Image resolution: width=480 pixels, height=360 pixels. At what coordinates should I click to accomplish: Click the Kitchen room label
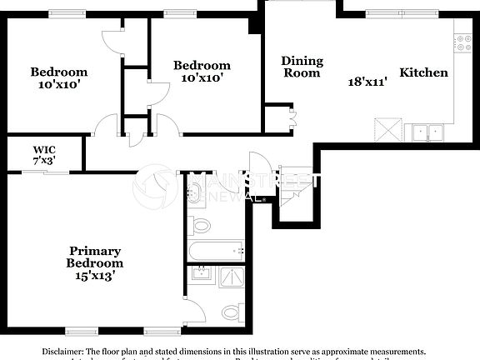pos(424,72)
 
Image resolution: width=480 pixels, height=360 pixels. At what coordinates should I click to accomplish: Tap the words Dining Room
pos(302,67)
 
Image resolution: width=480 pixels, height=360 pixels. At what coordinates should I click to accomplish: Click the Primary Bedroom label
pos(95,257)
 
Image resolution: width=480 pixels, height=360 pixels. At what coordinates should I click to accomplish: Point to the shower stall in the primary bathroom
pos(230,277)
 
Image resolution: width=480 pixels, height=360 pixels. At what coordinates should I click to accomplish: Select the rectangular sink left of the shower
pos(201,275)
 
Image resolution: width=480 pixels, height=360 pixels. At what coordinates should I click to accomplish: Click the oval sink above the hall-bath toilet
pos(194,196)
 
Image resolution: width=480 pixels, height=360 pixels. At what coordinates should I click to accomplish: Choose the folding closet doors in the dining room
pos(292,119)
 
